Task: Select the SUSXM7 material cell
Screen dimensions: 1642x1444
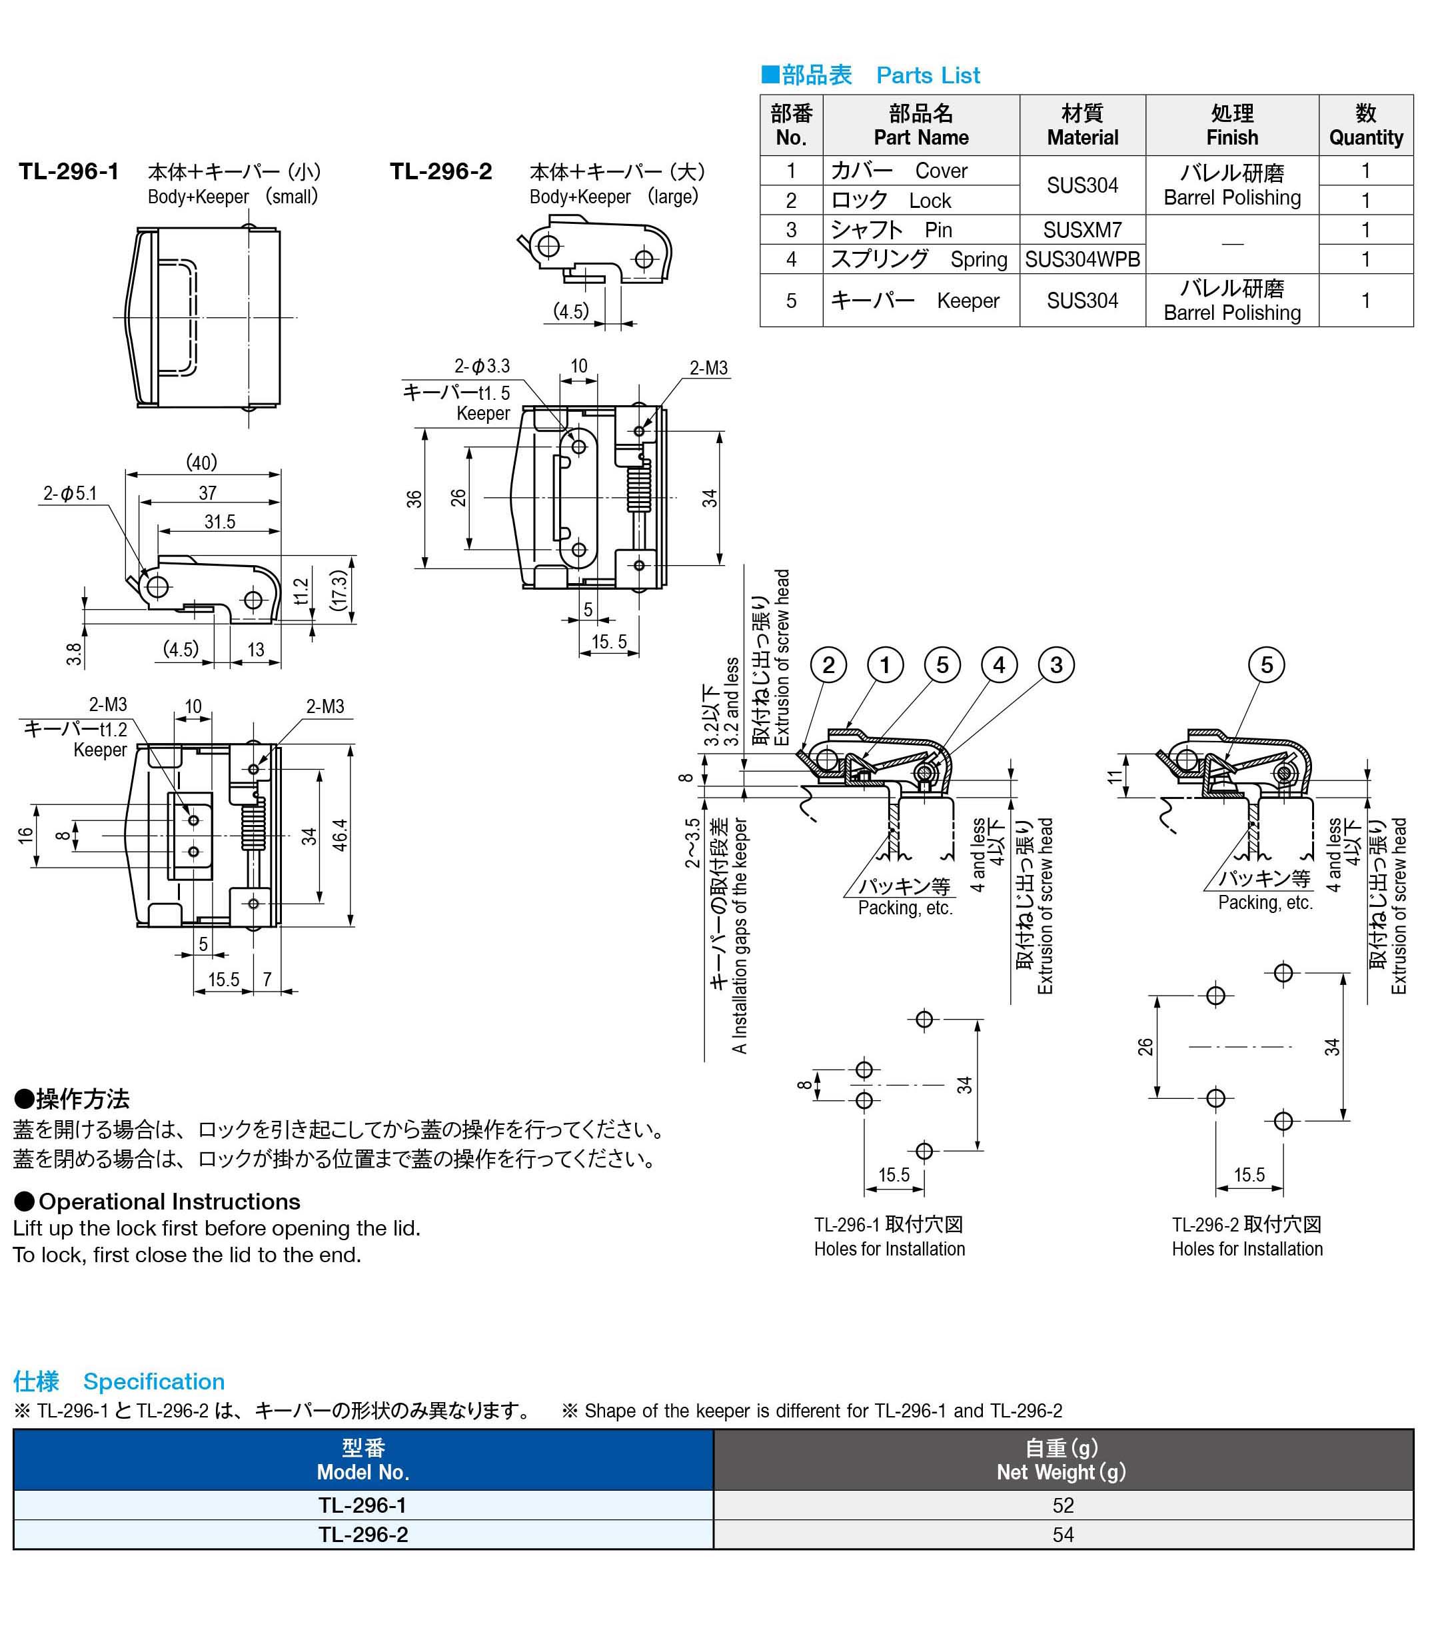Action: pos(1081,230)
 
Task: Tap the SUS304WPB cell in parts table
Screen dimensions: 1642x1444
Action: pos(1081,259)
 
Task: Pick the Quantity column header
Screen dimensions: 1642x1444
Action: pos(1365,125)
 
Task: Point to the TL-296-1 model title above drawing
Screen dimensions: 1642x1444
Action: pos(69,172)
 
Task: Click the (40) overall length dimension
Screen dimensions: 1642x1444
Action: pos(202,462)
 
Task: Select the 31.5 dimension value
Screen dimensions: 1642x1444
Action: pos(219,522)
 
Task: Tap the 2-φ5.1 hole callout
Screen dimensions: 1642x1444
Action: pos(70,493)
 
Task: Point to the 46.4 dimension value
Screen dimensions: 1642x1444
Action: pos(340,836)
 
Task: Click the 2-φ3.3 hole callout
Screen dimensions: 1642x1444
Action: pos(482,367)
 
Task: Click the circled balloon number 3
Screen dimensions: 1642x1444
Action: pos(1056,665)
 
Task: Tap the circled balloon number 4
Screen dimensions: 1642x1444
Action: pos(998,665)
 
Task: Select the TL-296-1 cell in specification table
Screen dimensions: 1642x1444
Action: pos(362,1505)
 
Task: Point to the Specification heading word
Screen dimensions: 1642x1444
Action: pos(153,1381)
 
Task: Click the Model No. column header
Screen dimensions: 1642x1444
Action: pos(362,1461)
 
